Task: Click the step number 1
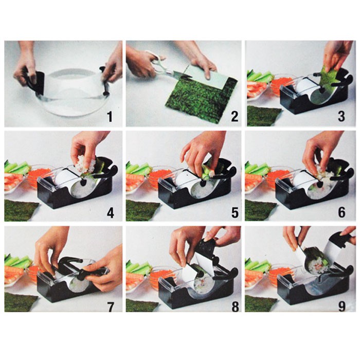click(110, 116)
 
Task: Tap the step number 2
click(235, 116)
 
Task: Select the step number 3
click(341, 116)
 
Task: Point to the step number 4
click(110, 213)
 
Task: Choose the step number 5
click(235, 213)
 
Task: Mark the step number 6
click(341, 213)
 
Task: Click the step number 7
click(111, 307)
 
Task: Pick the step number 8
click(235, 307)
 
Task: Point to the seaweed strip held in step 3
click(328, 74)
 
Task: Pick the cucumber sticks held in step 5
click(208, 170)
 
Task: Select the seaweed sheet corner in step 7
click(21, 301)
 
